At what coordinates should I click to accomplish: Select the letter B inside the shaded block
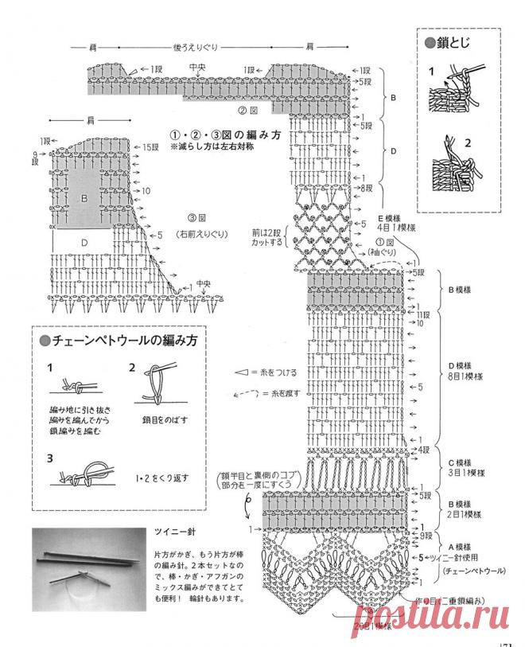(x=84, y=196)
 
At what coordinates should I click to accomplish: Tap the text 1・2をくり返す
(x=162, y=478)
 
